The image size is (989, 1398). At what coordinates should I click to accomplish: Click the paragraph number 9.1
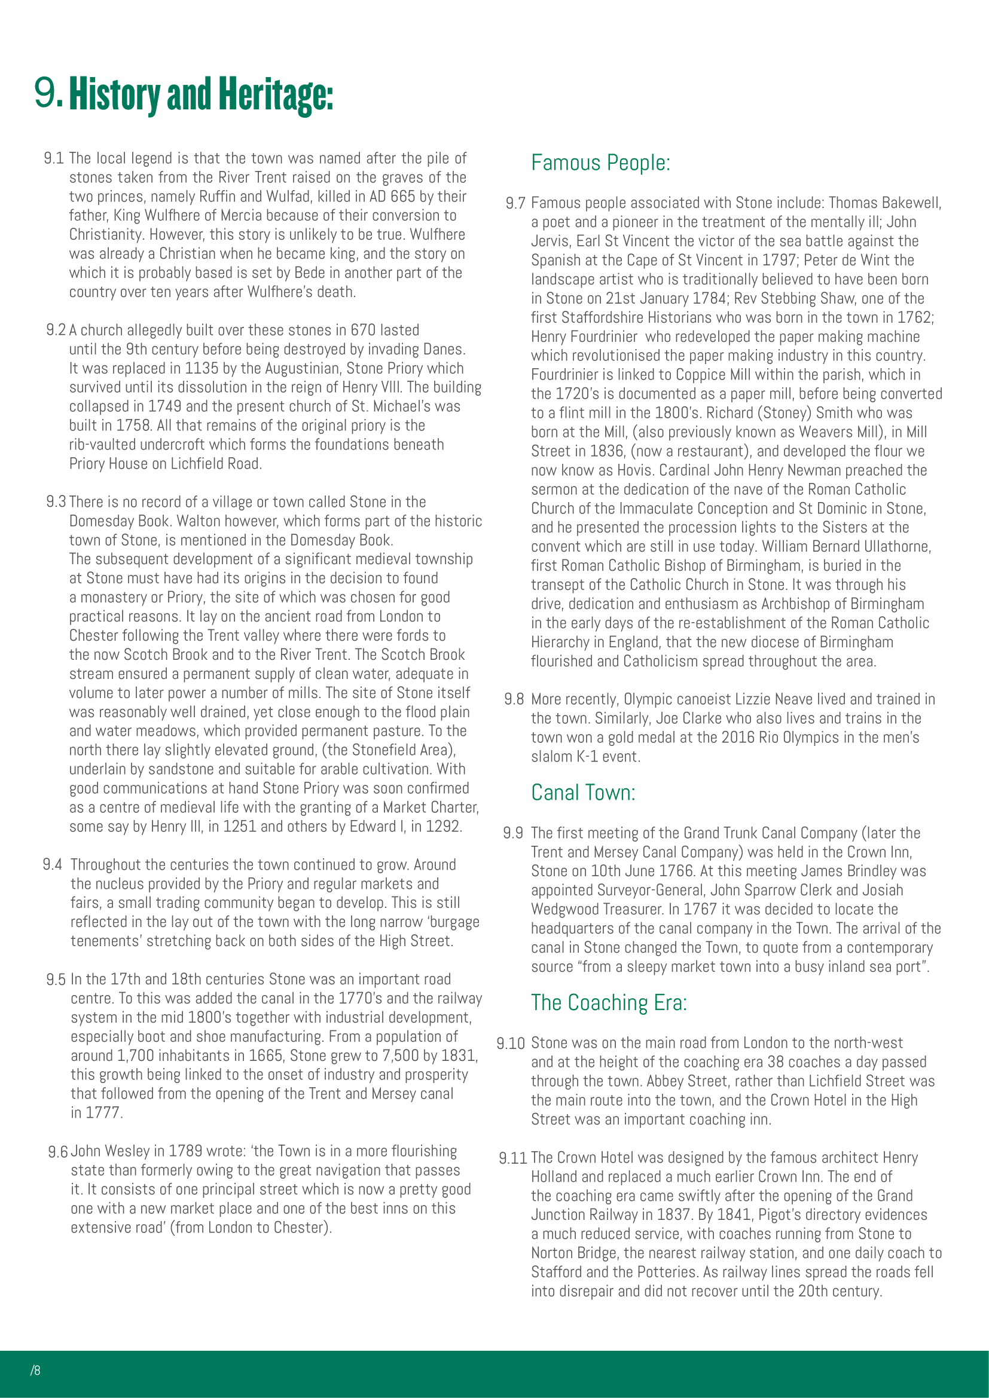pyautogui.click(x=54, y=159)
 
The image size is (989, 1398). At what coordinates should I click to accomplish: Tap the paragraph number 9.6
pyautogui.click(x=58, y=1152)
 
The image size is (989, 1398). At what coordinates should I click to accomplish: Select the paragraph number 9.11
pyautogui.click(x=512, y=1158)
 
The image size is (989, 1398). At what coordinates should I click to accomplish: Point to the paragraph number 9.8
pyautogui.click(x=514, y=699)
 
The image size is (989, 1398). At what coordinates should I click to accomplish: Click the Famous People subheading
pyautogui.click(x=600, y=163)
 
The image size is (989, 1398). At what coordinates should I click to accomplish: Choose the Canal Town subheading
pyautogui.click(x=583, y=793)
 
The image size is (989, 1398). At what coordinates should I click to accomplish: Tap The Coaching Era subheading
pyautogui.click(x=608, y=1003)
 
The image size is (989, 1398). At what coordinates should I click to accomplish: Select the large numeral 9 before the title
pyautogui.click(x=47, y=93)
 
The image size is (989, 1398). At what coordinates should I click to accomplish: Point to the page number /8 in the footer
pyautogui.click(x=35, y=1371)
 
